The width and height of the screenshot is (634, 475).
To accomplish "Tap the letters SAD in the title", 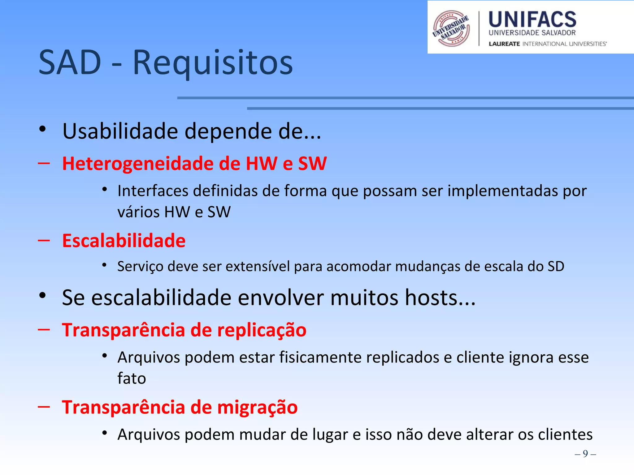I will (x=70, y=63).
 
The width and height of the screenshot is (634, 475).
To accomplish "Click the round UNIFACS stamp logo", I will (x=451, y=29).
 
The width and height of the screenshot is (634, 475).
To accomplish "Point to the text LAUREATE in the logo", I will (x=504, y=44).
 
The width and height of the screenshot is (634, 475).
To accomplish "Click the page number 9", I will (x=585, y=454).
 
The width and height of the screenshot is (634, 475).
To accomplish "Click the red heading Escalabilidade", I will (x=124, y=241).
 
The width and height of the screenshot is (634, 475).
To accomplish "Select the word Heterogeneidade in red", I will (x=137, y=163).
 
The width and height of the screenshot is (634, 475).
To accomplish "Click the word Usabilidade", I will (x=120, y=131).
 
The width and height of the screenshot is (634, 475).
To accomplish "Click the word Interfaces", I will (x=153, y=191).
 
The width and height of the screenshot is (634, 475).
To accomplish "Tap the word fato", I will (x=132, y=379).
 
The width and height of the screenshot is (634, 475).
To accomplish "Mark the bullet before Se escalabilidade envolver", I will (x=43, y=295).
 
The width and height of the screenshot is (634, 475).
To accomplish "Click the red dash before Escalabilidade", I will (x=44, y=240).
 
